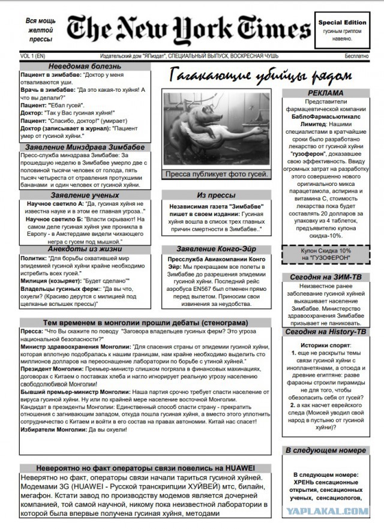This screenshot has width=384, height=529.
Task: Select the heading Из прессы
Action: click(x=216, y=196)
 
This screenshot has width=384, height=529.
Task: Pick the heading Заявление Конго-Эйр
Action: click(x=216, y=249)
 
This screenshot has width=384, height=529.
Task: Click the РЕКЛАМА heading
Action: click(x=326, y=93)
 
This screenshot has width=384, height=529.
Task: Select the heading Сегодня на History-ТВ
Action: click(x=326, y=331)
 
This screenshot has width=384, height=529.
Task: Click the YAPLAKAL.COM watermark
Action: click(x=337, y=510)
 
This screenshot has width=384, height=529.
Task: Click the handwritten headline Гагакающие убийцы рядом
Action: click(x=257, y=76)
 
